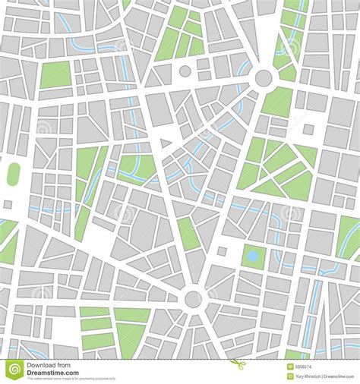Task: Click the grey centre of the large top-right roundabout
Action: click(x=264, y=77)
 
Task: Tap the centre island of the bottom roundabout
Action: click(x=193, y=298)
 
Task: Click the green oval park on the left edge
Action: click(x=14, y=174)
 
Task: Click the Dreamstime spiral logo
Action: click(x=14, y=370)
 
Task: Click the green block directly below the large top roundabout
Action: click(x=278, y=102)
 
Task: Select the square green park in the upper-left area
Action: click(x=54, y=76)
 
